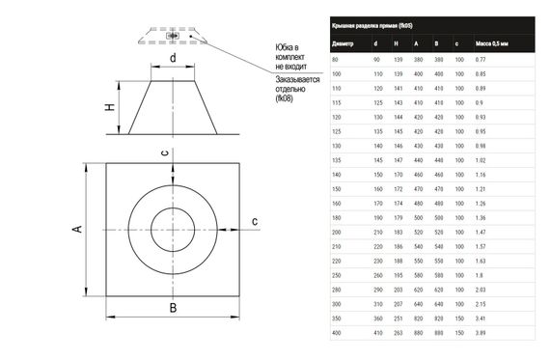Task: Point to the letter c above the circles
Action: click(165, 152)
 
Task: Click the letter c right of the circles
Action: click(255, 222)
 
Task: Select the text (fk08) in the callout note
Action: click(287, 98)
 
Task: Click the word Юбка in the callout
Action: click(287, 47)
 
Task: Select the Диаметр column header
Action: click(343, 43)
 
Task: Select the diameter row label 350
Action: click(336, 318)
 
